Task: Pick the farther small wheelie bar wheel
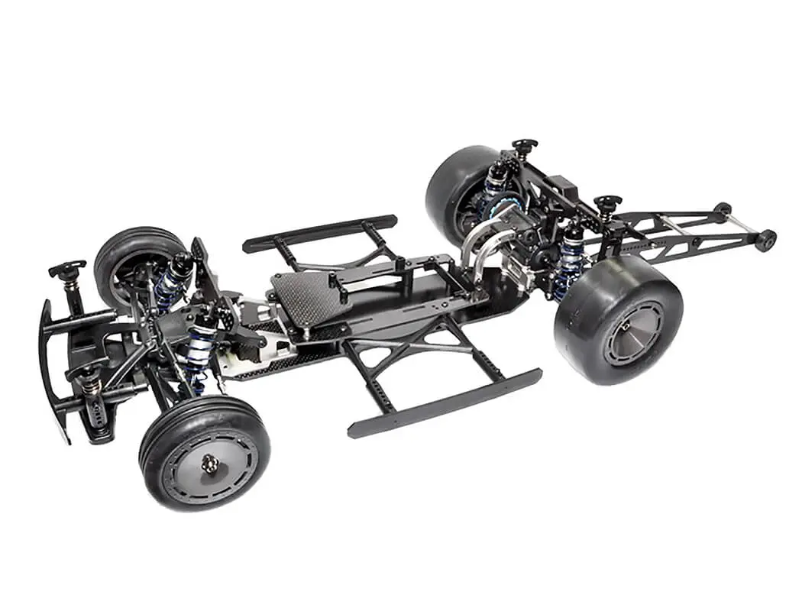click(x=722, y=209)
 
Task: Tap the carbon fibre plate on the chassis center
click(x=306, y=294)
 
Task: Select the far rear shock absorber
click(x=495, y=188)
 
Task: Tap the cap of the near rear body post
click(x=607, y=202)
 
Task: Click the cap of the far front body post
click(x=67, y=268)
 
